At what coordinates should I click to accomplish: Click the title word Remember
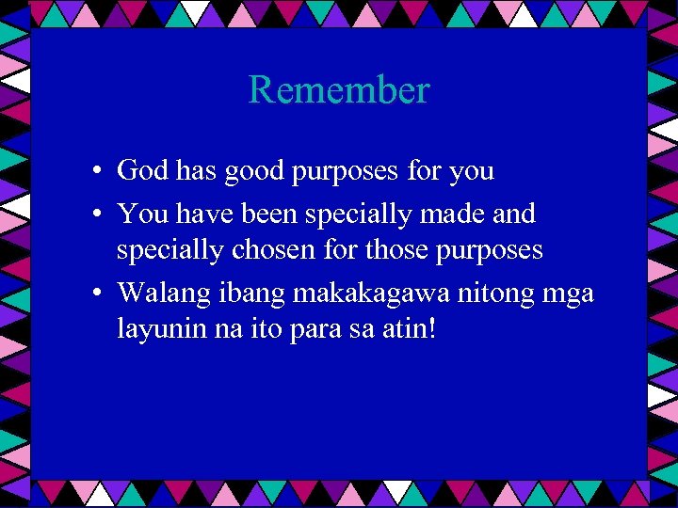click(x=339, y=90)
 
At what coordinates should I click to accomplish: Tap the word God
click(x=142, y=171)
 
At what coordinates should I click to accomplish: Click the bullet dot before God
click(x=98, y=172)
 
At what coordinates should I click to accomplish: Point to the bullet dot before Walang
click(x=98, y=294)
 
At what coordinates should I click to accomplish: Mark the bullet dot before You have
click(x=98, y=215)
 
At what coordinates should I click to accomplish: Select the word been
click(x=273, y=214)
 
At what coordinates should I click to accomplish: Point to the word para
click(x=309, y=331)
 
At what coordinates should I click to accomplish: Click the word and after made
click(x=514, y=214)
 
